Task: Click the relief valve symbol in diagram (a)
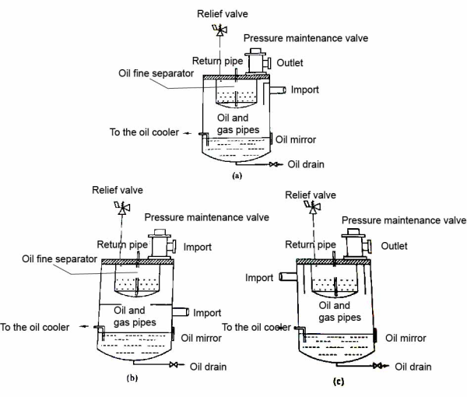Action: (x=219, y=31)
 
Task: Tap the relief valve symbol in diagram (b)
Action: (x=121, y=207)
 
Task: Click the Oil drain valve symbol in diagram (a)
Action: (x=274, y=164)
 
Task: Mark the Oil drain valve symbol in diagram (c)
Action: (x=378, y=366)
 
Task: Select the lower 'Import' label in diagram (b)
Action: (x=207, y=312)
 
